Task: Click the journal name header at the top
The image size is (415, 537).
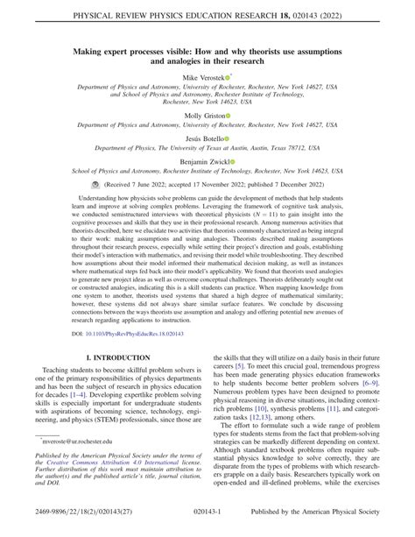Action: [207, 15]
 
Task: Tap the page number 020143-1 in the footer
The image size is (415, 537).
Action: [207, 525]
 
